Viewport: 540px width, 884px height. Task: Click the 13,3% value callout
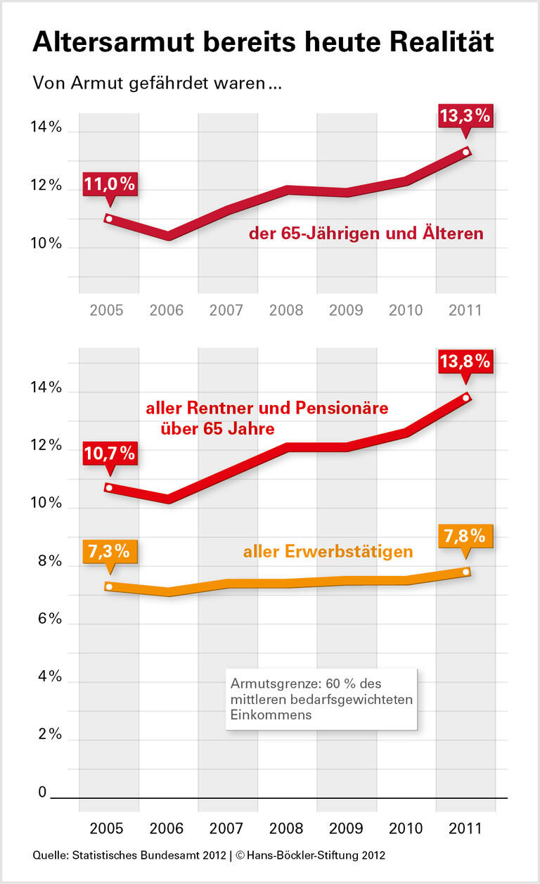click(464, 115)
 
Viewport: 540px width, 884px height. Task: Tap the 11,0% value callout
click(109, 184)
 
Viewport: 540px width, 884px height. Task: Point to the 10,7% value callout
click(109, 454)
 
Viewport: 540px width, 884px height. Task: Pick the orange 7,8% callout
click(464, 536)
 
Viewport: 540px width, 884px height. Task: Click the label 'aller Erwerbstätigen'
click(328, 552)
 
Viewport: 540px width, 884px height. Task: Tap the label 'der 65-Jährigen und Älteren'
click(366, 233)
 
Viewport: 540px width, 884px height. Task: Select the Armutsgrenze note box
click(321, 699)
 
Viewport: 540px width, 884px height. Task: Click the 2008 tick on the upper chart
click(286, 310)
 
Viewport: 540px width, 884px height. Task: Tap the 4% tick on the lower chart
click(46, 677)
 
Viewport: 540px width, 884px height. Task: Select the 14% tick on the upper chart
click(46, 128)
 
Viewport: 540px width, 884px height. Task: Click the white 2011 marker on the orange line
click(466, 572)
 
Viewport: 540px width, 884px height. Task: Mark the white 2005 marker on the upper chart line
click(108, 219)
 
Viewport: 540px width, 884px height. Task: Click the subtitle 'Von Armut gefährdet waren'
click(157, 83)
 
